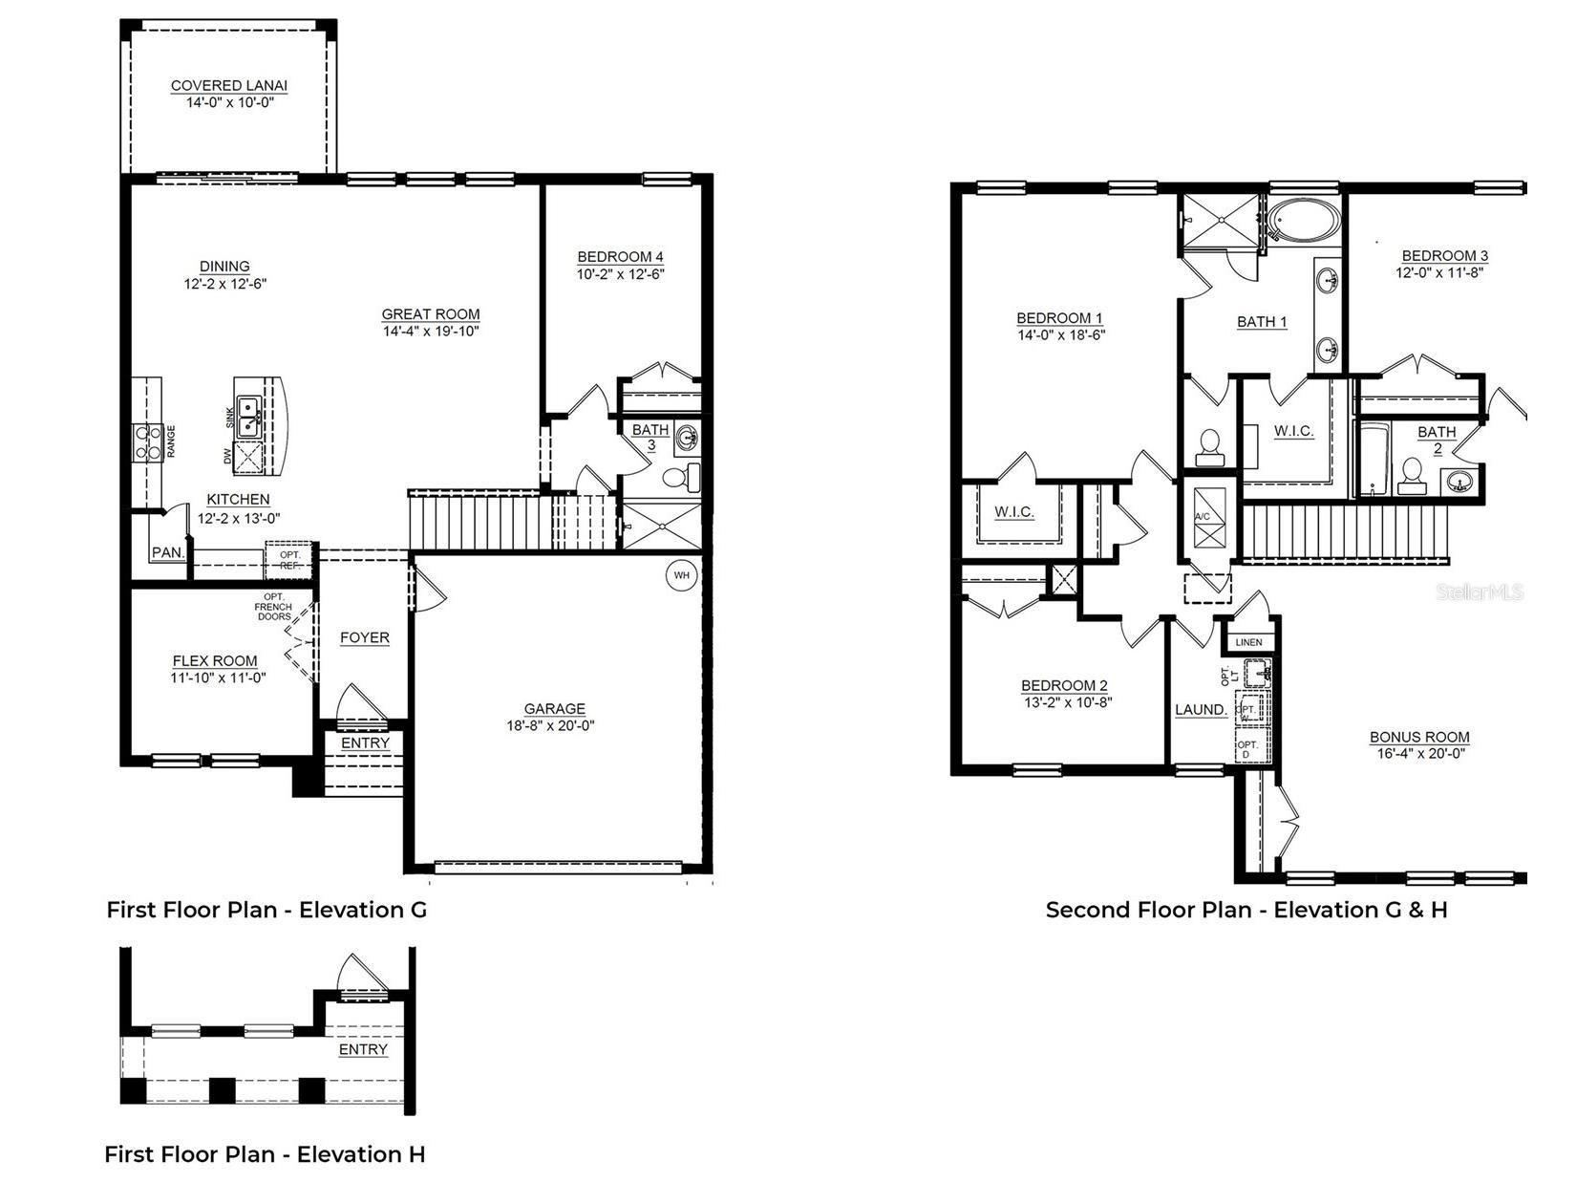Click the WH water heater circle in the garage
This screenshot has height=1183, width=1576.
click(681, 575)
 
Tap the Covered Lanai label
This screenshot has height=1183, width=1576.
click(229, 86)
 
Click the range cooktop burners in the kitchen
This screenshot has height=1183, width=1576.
click(147, 441)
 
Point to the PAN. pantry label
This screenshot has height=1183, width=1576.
click(168, 552)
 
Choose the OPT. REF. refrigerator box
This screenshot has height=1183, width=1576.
click(288, 560)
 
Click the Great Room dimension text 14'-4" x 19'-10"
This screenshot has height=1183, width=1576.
click(431, 332)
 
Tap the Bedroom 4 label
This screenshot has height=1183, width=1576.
click(620, 257)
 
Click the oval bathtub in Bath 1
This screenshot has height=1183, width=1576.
click(1304, 222)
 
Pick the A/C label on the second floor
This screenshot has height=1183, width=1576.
click(1202, 517)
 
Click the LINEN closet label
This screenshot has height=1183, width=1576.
click(1248, 642)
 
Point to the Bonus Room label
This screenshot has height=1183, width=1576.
click(1419, 737)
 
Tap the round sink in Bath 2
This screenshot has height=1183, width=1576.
click(1459, 480)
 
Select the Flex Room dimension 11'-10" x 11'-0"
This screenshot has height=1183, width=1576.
click(218, 678)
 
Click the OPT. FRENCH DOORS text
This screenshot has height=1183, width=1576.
click(273, 607)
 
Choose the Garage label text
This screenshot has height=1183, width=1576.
click(554, 709)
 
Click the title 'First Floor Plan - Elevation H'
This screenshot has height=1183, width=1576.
click(265, 1154)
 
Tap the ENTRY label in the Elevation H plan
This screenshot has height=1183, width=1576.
click(363, 1049)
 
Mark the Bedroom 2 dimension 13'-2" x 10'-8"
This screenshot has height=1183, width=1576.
click(1065, 702)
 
